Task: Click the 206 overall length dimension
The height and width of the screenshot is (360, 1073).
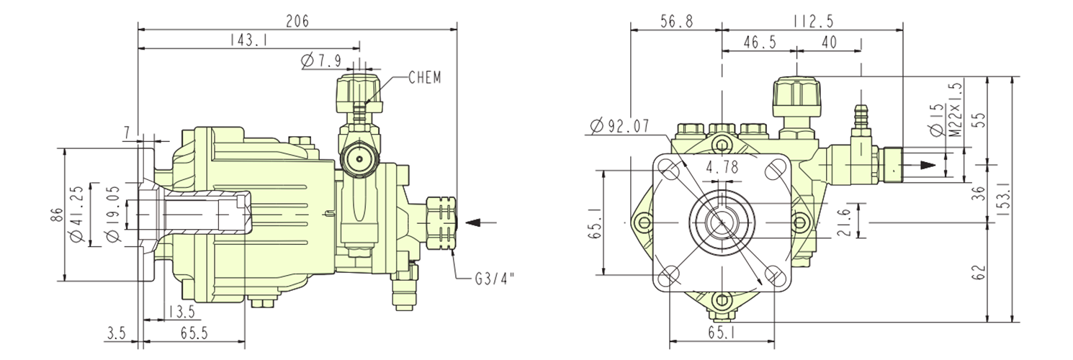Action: [x=297, y=21]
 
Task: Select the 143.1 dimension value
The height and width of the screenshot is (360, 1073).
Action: [x=249, y=41]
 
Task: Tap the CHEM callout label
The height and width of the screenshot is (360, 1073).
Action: [x=424, y=77]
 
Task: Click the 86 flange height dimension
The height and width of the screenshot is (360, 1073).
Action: [x=58, y=215]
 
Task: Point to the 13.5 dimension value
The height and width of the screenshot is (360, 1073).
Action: [x=180, y=312]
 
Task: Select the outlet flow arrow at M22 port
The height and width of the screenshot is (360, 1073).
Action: [x=929, y=165]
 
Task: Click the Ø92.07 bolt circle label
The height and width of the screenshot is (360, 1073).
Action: [x=619, y=127]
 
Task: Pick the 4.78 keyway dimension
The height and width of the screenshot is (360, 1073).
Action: [x=722, y=168]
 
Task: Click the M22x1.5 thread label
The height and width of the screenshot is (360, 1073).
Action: [x=956, y=109]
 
